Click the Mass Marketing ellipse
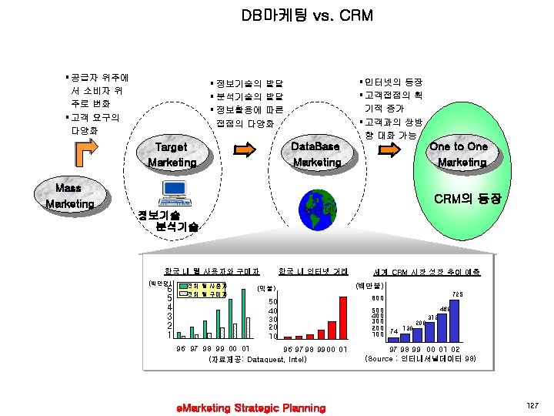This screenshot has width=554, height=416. pos(68,196)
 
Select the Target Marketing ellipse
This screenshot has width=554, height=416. pos(172,154)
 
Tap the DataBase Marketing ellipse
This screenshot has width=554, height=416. pos(317,154)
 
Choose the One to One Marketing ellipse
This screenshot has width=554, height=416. pos(459,154)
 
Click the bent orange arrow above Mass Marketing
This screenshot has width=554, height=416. pos(84,156)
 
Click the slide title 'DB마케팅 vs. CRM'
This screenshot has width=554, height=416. pos(277,15)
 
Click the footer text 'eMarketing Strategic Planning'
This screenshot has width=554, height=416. pos(251,407)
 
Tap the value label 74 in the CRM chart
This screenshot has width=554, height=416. pos(394,330)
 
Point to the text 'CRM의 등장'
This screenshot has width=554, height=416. pos(467,199)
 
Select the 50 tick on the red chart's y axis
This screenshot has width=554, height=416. pos(272,302)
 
